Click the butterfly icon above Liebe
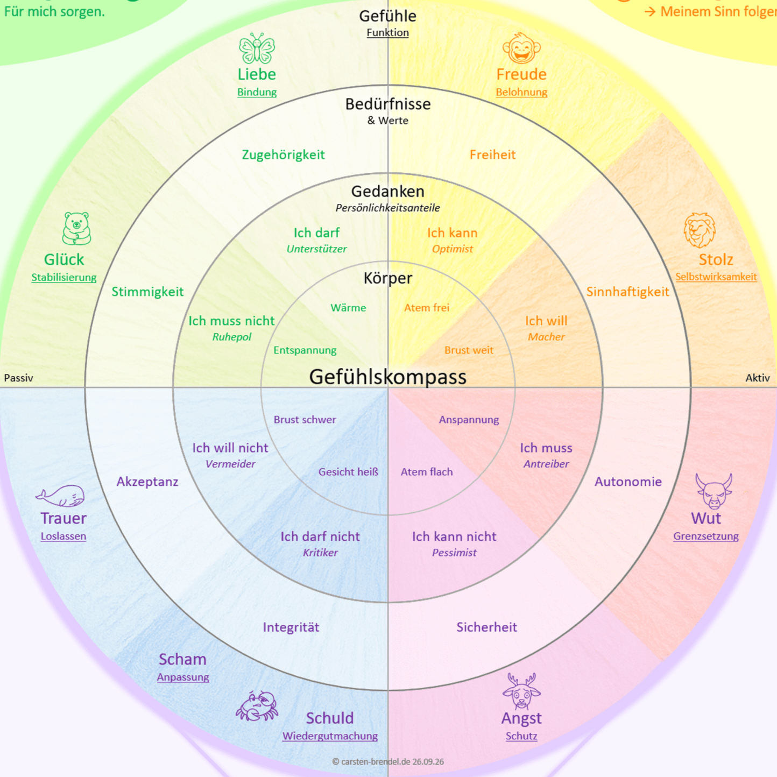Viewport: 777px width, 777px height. point(257,48)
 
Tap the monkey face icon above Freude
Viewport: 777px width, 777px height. point(521,48)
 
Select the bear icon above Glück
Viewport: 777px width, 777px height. point(76,228)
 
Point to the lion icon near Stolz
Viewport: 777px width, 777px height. point(700,230)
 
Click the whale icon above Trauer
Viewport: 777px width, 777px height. point(60,495)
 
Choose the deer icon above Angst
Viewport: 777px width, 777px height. point(521,691)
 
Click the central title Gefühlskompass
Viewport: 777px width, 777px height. point(387,377)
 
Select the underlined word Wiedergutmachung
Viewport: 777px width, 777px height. point(330,736)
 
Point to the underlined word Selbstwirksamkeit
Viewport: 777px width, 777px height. point(716,277)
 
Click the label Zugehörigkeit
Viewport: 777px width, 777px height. point(283,155)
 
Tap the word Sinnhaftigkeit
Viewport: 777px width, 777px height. point(627,292)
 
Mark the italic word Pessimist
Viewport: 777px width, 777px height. point(454,553)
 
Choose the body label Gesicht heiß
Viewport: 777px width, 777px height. point(348,472)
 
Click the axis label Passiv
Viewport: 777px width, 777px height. point(18,378)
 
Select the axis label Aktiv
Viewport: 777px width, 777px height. point(758,378)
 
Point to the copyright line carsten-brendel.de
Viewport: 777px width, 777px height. point(387,762)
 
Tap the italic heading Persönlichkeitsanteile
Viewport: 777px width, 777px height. point(387,208)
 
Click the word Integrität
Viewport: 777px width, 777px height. point(291,627)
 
